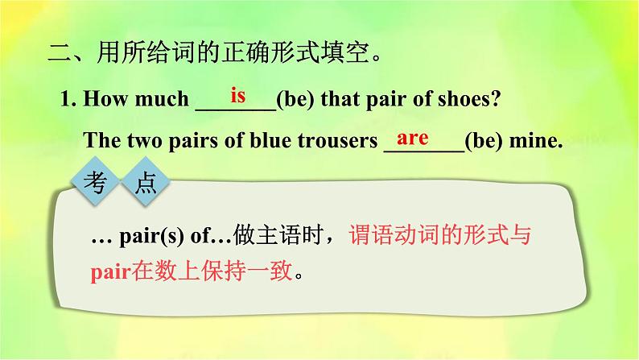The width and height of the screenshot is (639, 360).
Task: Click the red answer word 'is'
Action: tap(237, 96)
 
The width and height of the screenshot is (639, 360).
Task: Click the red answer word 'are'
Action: tap(413, 138)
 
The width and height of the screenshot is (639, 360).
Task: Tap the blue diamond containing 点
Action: tap(145, 184)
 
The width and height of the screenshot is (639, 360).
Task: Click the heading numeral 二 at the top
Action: tap(60, 55)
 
